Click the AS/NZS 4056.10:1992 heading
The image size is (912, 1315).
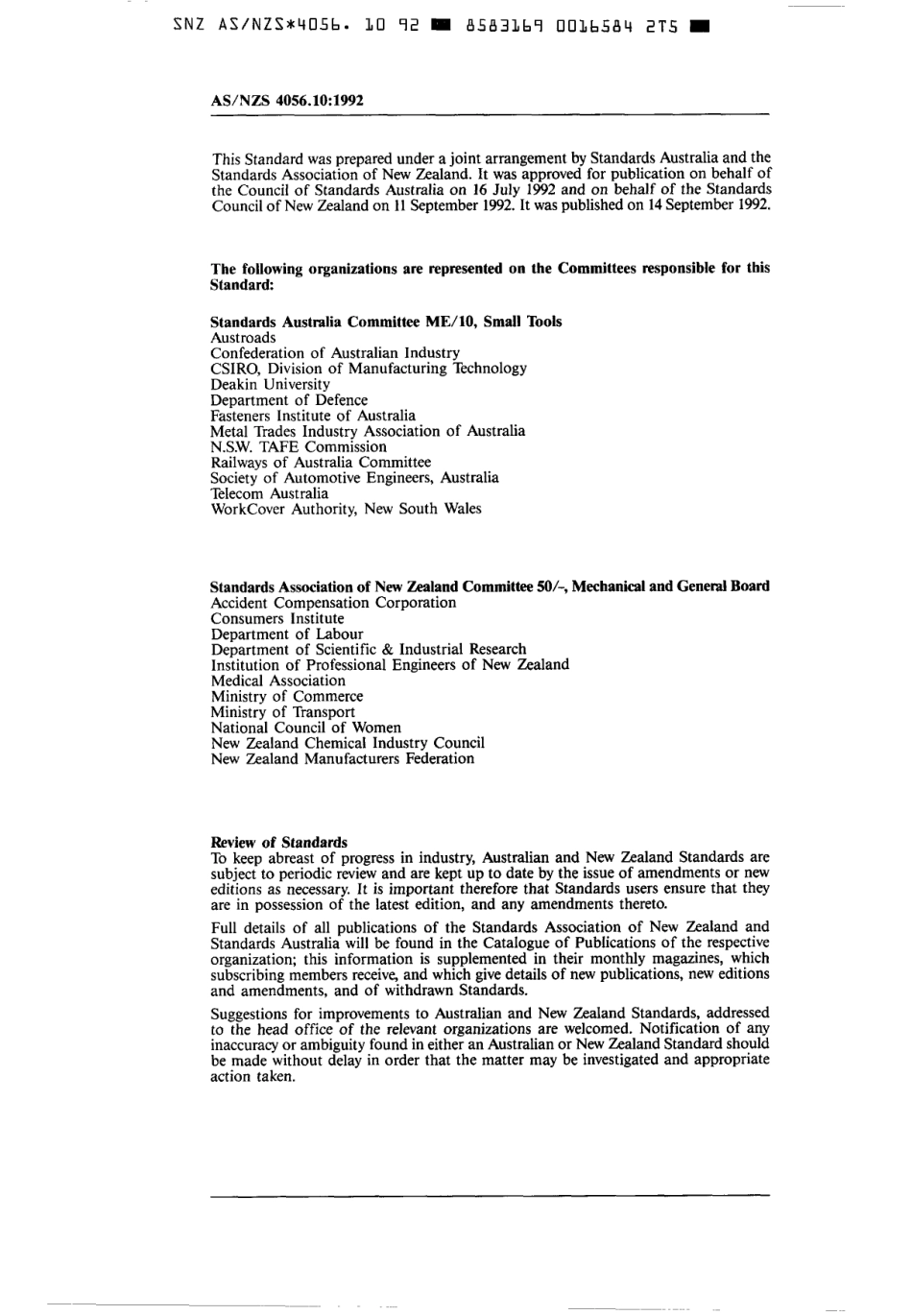coord(286,99)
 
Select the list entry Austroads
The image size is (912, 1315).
coord(243,338)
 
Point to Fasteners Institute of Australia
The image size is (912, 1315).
coord(313,416)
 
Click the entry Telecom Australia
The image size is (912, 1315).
coord(269,493)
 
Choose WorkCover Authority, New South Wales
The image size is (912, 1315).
coord(346,509)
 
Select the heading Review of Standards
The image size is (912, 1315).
coord(278,842)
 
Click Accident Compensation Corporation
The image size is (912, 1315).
coord(333,603)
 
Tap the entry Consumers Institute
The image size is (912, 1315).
coord(276,619)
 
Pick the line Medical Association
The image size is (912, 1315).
coord(277,681)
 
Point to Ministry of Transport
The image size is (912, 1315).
coord(282,712)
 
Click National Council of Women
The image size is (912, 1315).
coord(305,728)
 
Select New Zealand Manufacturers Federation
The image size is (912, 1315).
coord(342,758)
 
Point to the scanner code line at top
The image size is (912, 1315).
coord(439,27)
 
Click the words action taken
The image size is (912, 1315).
coord(252,1076)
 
